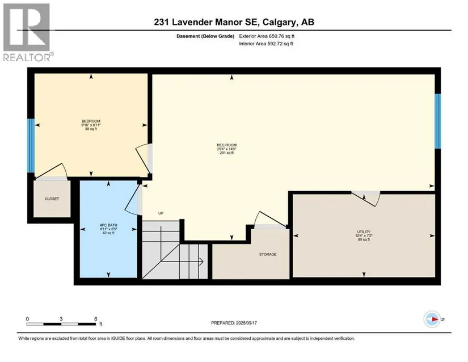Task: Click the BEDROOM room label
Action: (91, 121)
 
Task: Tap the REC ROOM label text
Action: (226, 145)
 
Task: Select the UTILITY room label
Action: (364, 232)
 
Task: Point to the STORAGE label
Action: (268, 255)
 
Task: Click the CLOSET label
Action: (52, 199)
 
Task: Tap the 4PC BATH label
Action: (108, 225)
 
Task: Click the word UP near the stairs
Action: (161, 213)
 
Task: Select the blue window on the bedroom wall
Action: (31, 146)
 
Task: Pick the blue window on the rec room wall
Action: (437, 121)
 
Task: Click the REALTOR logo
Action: (28, 32)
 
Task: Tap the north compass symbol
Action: (432, 319)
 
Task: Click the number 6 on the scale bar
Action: (96, 319)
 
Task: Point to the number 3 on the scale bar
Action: (61, 319)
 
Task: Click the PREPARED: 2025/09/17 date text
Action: (234, 323)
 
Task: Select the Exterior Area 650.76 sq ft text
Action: (267, 36)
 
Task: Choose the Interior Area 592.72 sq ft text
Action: (266, 44)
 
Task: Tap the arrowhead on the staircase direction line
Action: (201, 262)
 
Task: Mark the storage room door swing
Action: (270, 220)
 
